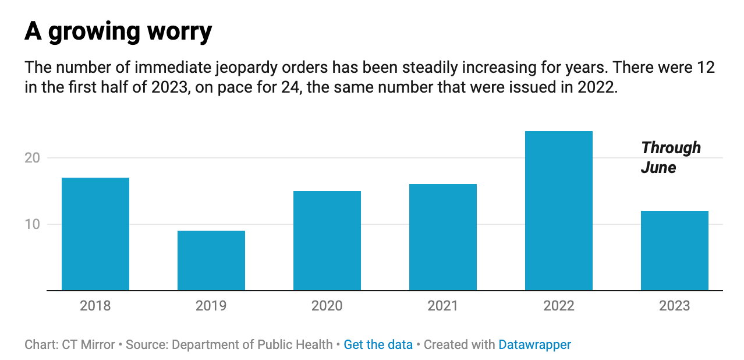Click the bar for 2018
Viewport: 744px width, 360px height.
[x=95, y=234]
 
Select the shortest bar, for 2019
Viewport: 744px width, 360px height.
[x=211, y=260]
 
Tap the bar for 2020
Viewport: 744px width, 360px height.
[x=327, y=241]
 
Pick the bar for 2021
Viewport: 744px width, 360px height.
[x=443, y=237]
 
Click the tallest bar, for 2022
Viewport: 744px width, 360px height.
[x=559, y=210]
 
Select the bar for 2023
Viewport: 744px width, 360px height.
[x=675, y=250]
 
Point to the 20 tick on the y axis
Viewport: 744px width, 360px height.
[x=35, y=158]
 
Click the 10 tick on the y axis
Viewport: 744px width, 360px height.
[x=35, y=224]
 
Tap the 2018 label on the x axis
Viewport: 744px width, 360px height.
[x=95, y=305]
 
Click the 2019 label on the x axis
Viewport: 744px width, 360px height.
[x=211, y=305]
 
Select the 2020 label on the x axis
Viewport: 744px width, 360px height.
[x=327, y=305]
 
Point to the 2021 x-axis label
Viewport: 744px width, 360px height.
[x=443, y=305]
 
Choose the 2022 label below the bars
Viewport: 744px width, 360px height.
[x=559, y=305]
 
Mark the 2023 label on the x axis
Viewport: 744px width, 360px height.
[x=675, y=305]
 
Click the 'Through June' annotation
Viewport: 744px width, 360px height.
[x=670, y=158]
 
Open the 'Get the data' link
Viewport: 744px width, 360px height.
[x=378, y=344]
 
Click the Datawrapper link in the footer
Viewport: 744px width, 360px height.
[x=534, y=344]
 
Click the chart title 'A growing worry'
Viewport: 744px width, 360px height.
[x=118, y=32]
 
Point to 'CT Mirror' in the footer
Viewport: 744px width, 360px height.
[x=88, y=344]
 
